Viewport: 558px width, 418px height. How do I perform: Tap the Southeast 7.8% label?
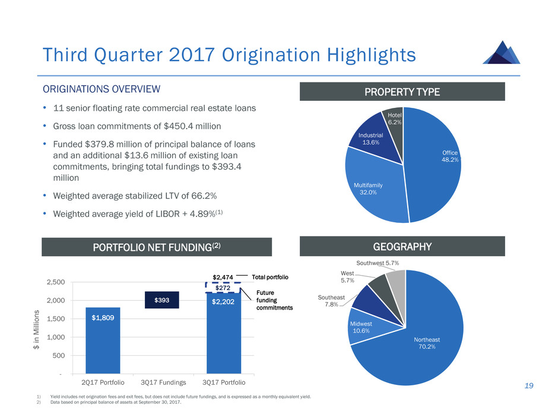tap(328, 300)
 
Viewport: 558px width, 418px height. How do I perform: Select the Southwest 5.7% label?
tap(378, 262)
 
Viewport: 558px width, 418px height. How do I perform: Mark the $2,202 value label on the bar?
tap(223, 301)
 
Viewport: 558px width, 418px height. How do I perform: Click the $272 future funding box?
tap(223, 288)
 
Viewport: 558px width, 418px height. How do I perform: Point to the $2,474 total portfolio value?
tap(223, 277)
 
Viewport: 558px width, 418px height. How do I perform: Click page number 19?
tap(528, 386)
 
